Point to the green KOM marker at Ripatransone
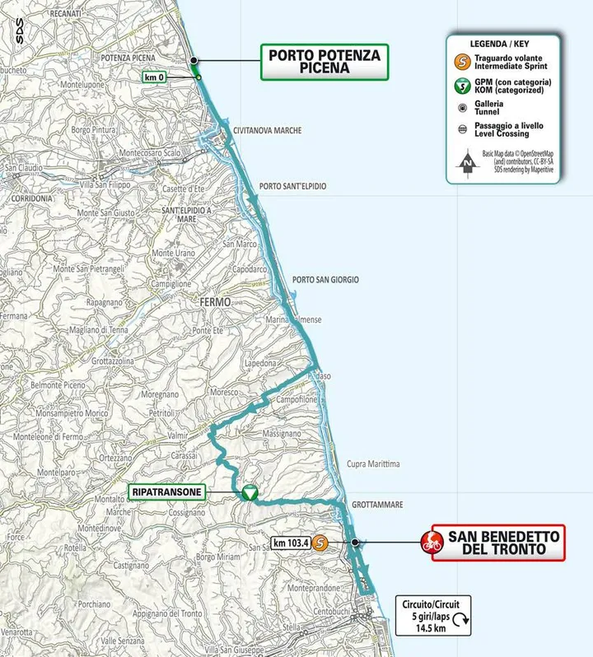[249, 492]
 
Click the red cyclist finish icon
[430, 543]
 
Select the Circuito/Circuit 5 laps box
[432, 613]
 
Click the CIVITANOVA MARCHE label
[268, 131]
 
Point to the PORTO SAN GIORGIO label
[325, 280]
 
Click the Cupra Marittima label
[373, 464]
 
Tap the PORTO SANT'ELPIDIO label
[292, 187]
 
